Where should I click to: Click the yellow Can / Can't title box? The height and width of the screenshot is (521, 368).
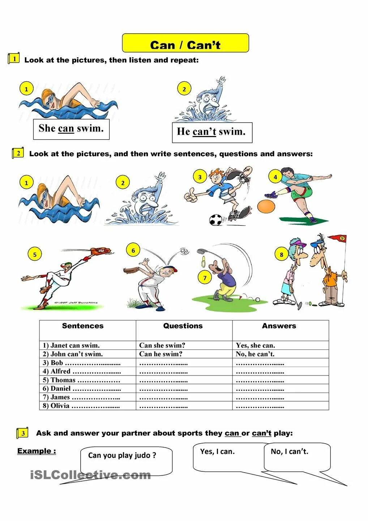(x=185, y=43)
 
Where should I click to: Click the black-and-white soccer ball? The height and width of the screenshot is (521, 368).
(x=216, y=220)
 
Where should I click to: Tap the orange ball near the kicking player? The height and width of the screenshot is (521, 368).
(x=266, y=206)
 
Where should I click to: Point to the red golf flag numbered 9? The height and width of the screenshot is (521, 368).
(x=341, y=238)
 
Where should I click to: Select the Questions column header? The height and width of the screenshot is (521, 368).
(x=183, y=326)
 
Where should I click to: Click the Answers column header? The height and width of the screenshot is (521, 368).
(x=279, y=326)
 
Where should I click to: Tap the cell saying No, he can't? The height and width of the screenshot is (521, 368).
(x=255, y=354)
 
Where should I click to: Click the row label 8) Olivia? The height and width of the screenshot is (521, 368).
(x=56, y=406)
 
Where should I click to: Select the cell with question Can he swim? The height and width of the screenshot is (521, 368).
(x=161, y=354)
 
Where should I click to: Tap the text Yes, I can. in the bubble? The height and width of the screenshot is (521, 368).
(x=217, y=452)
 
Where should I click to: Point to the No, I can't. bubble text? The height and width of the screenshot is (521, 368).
(x=290, y=452)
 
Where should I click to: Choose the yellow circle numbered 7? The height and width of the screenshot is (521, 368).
(x=205, y=278)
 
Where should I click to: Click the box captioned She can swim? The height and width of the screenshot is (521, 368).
(x=71, y=129)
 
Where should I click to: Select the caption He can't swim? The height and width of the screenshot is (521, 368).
(x=211, y=132)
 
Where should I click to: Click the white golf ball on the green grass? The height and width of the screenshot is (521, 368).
(x=257, y=300)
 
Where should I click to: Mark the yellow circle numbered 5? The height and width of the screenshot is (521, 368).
(x=35, y=254)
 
